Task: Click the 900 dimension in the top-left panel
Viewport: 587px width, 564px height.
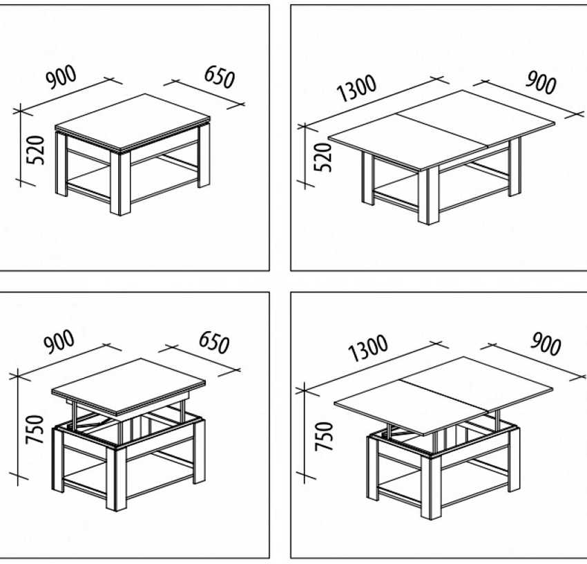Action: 61,77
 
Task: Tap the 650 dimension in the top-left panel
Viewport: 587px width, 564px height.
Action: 220,77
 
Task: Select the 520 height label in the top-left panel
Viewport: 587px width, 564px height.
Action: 35,150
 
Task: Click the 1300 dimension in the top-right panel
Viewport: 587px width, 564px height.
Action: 356,88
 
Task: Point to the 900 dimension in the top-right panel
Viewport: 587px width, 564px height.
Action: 541,82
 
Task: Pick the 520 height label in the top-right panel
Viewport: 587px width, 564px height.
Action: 323,157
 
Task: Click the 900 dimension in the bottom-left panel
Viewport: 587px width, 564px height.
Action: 59,341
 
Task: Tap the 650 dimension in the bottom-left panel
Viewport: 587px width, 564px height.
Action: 214,342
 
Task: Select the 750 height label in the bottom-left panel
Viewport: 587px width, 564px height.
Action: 35,429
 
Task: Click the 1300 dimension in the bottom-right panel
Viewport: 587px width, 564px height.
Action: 367,348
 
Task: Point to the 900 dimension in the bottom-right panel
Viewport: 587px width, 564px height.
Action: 546,344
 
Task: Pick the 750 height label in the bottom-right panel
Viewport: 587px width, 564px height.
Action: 324,436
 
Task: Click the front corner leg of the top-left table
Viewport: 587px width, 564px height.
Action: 120,183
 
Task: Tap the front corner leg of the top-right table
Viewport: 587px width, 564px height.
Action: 428,196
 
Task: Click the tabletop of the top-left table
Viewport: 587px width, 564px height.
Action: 133,122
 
